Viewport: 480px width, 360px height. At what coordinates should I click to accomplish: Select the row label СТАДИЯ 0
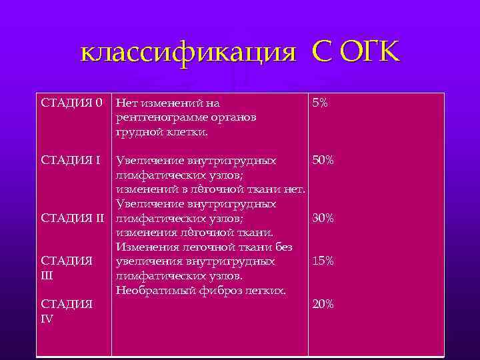(x=72, y=103)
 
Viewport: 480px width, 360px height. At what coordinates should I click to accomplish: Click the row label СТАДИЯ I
(x=71, y=161)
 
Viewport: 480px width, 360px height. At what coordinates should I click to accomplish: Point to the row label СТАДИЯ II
(x=73, y=218)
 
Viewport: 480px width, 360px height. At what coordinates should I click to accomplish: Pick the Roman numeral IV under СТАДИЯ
(x=48, y=318)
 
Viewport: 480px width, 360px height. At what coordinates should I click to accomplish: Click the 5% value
(x=319, y=103)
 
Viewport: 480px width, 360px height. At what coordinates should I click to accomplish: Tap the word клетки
(x=187, y=132)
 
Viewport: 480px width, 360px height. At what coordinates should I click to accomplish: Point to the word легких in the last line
(x=263, y=290)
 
